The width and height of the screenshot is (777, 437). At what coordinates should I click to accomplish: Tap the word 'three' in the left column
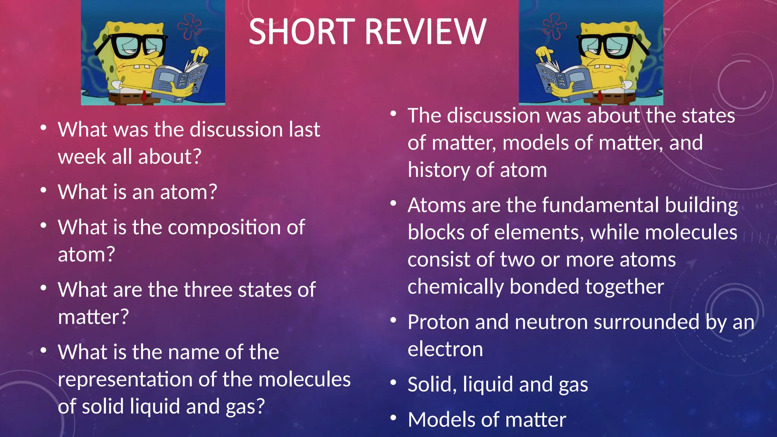pos(210,290)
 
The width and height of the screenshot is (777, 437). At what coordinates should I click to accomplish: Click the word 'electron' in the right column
pos(445,349)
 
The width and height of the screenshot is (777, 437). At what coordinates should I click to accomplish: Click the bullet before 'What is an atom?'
pos(44,190)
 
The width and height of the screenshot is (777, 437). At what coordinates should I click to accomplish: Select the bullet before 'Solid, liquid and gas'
pos(393,382)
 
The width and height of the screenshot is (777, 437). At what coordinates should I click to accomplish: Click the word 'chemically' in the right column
pos(455,287)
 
